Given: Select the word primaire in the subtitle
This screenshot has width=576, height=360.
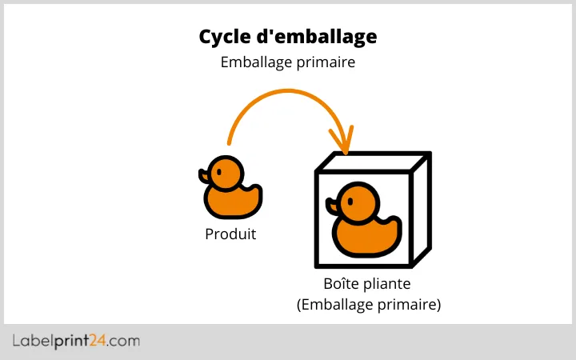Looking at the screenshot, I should pyautogui.click(x=326, y=62).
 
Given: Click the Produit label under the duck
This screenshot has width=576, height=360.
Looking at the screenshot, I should pyautogui.click(x=230, y=234).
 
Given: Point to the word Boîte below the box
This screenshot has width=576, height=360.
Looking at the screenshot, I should pyautogui.click(x=342, y=285).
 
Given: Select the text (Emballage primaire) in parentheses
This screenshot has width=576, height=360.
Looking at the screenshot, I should pyautogui.click(x=368, y=305).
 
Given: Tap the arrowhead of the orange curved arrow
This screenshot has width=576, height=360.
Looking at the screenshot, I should pyautogui.click(x=345, y=145).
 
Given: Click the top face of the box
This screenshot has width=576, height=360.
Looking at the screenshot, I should pyautogui.click(x=374, y=162).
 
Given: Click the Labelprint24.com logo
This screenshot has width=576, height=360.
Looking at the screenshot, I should pyautogui.click(x=76, y=342).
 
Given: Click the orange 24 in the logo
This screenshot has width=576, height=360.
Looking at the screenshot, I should pyautogui.click(x=102, y=342).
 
